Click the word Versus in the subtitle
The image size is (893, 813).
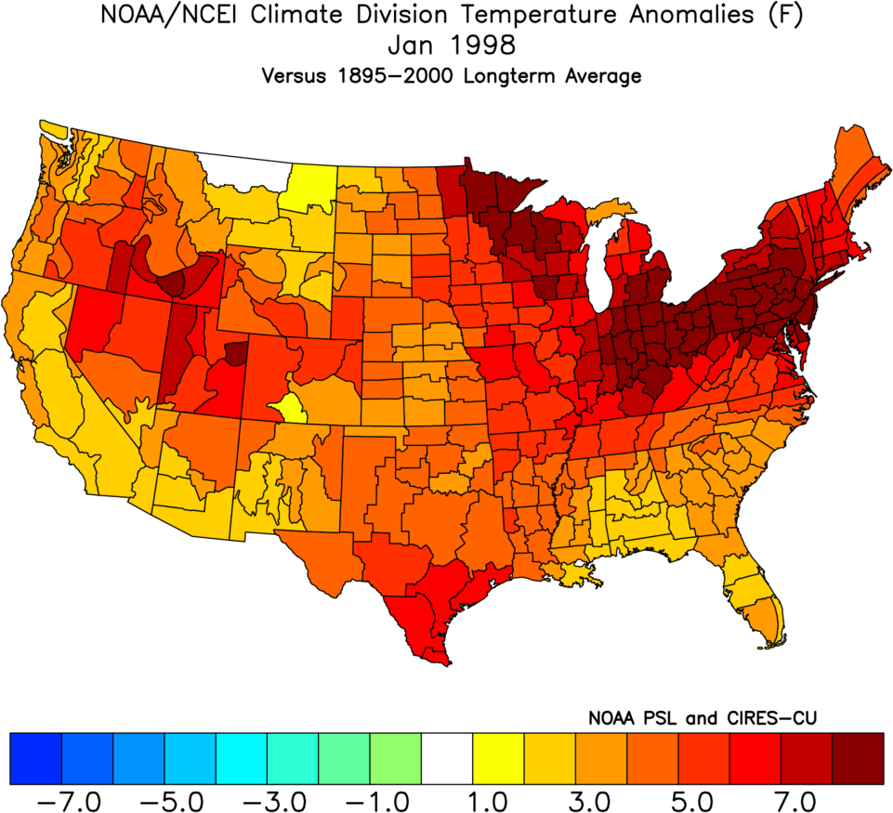tap(288, 75)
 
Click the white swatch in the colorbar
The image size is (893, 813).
tap(447, 758)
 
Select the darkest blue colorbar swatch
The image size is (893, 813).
tap(35, 758)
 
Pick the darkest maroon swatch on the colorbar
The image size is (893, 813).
tap(858, 758)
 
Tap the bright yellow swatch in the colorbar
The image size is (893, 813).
tap(498, 758)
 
